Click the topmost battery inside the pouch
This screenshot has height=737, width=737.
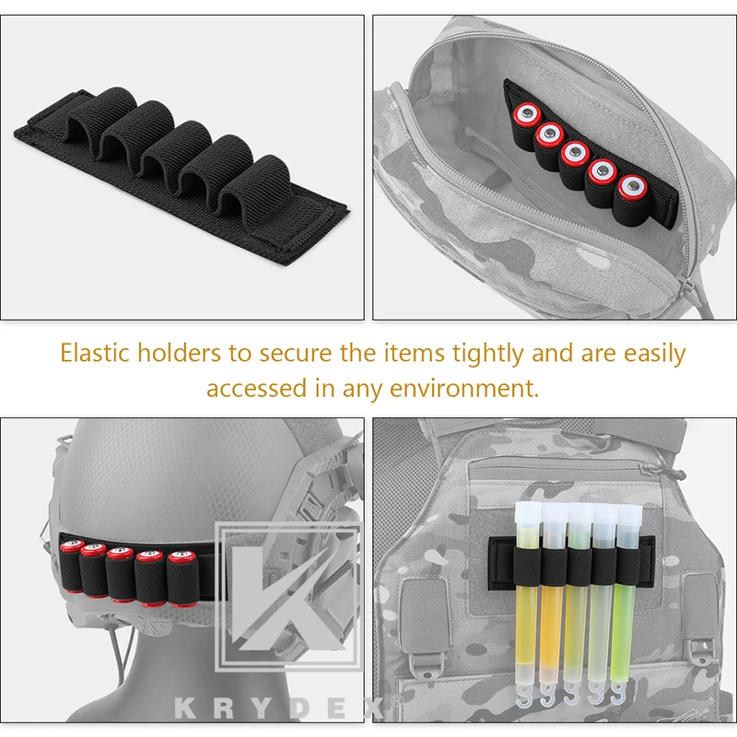point(525,114)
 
